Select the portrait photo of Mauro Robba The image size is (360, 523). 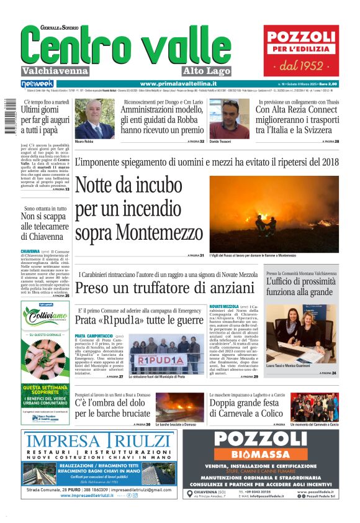coord(90,119)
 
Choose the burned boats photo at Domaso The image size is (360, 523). coord(180,407)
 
